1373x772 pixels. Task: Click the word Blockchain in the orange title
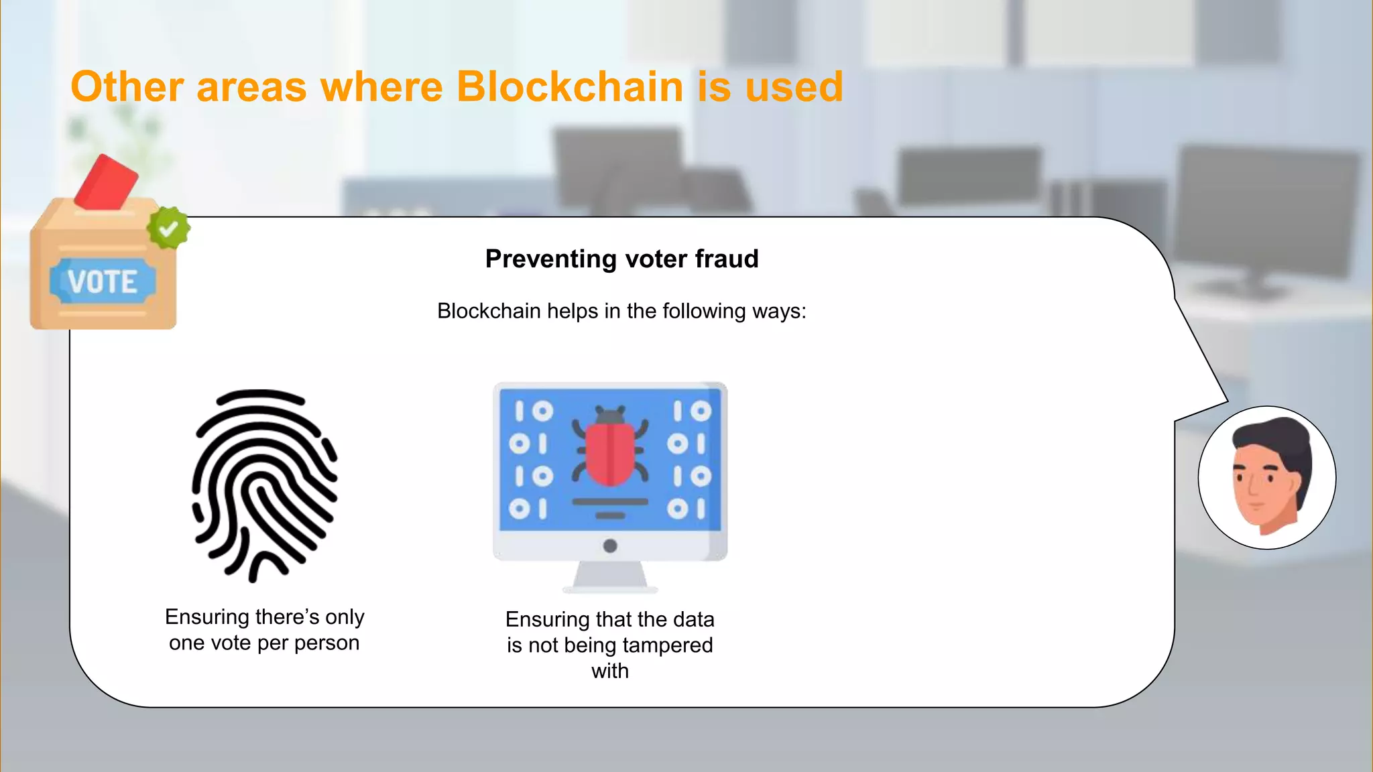[x=569, y=87]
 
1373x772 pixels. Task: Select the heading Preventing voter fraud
[x=621, y=259]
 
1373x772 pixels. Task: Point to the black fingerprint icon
[x=265, y=485]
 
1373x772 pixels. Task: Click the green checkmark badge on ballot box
[x=168, y=228]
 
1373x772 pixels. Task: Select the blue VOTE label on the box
[x=103, y=281]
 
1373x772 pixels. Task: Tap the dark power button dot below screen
[x=610, y=546]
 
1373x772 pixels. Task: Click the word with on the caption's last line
[x=610, y=671]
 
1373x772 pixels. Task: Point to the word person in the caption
[x=326, y=643]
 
